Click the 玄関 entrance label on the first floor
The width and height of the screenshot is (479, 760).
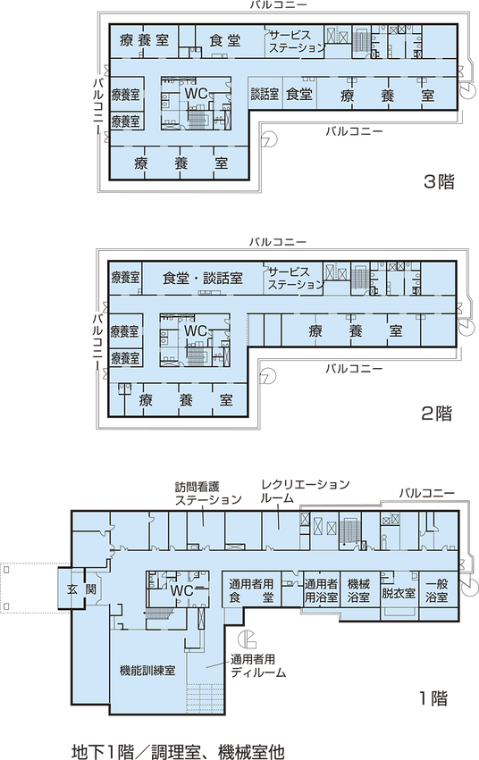point(81,590)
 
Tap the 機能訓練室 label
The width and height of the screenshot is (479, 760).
point(147,671)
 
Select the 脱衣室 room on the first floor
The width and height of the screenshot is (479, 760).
point(399,593)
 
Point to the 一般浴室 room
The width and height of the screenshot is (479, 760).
point(436,590)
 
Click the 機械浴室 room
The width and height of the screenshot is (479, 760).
point(359,590)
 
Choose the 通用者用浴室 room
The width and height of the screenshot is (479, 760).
point(321,590)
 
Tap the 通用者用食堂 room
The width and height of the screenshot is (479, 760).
point(251,590)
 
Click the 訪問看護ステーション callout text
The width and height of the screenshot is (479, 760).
point(208,493)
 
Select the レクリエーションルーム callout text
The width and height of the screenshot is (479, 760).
point(305,491)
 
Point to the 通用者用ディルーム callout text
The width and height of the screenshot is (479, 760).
point(258,666)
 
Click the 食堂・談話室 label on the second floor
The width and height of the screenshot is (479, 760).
point(203,279)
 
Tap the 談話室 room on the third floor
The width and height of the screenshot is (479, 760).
point(265,94)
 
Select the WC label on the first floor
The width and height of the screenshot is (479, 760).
point(181,590)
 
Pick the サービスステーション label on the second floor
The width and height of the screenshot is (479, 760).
point(296,278)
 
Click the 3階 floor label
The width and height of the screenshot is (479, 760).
point(439,182)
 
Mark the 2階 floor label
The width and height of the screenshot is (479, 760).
point(437,413)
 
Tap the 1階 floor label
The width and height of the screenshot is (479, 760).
point(433,698)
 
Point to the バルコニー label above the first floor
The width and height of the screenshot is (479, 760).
point(427,493)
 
